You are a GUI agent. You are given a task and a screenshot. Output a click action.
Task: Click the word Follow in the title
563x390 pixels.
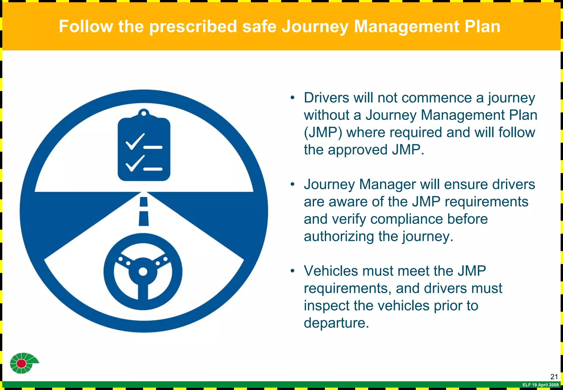(x=86, y=26)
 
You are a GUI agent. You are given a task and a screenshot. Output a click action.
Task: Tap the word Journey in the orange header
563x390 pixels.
(x=315, y=27)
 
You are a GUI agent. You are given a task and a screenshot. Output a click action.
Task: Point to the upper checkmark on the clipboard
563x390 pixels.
(x=135, y=141)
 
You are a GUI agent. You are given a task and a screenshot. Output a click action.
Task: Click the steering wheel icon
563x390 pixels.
(x=143, y=272)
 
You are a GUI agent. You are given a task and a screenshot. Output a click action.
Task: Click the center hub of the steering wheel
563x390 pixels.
(x=143, y=272)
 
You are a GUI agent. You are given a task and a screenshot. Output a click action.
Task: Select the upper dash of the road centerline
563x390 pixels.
(x=144, y=202)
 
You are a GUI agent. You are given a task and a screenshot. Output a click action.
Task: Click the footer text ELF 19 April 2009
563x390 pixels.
(x=540, y=385)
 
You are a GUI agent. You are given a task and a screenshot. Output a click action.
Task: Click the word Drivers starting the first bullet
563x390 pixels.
(x=326, y=98)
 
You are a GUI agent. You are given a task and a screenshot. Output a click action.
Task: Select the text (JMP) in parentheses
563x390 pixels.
(x=323, y=133)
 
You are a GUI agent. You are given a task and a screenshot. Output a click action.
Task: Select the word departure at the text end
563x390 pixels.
(x=336, y=323)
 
